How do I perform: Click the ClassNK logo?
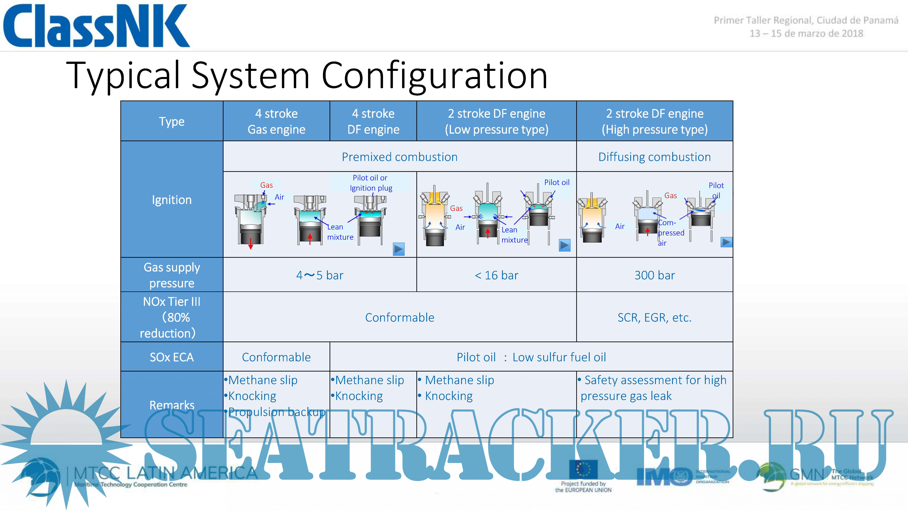click(96, 25)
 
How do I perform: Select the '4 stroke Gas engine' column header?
click(276, 121)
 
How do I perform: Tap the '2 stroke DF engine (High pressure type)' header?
click(655, 121)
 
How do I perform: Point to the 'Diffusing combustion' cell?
click(655, 157)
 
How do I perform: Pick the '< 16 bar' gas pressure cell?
click(496, 275)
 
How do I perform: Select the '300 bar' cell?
click(655, 275)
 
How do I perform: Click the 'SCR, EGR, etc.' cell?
click(655, 317)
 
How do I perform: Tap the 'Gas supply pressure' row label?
click(172, 275)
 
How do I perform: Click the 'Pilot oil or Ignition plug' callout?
click(370, 183)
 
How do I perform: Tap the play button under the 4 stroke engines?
click(399, 249)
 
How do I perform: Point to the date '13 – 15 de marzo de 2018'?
click(806, 34)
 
